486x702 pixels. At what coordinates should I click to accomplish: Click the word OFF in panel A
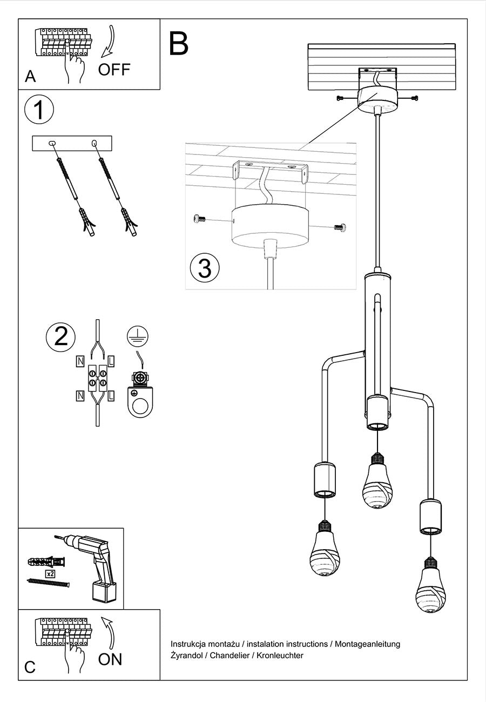pos(114,70)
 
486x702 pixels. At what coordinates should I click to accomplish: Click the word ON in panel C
pos(110,659)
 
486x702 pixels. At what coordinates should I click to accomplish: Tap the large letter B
pos(179,44)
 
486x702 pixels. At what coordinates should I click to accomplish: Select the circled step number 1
pos(39,111)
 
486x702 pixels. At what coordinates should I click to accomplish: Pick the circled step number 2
pos(60,337)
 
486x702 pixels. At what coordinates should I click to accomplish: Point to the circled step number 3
pos(205,268)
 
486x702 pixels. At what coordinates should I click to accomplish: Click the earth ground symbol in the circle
pos(138,337)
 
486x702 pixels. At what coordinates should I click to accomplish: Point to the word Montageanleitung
pos(368,644)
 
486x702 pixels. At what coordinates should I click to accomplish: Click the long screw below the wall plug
pos(49,583)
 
